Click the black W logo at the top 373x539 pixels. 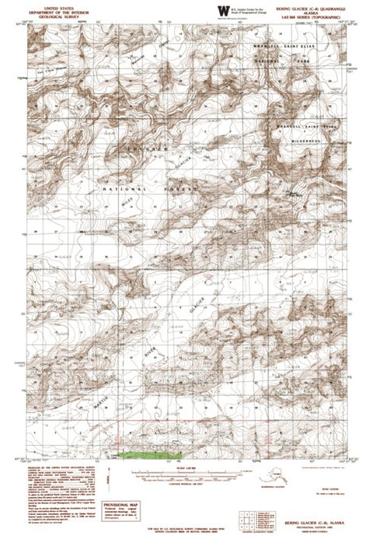[223, 9]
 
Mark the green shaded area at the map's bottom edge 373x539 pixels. [149, 453]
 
